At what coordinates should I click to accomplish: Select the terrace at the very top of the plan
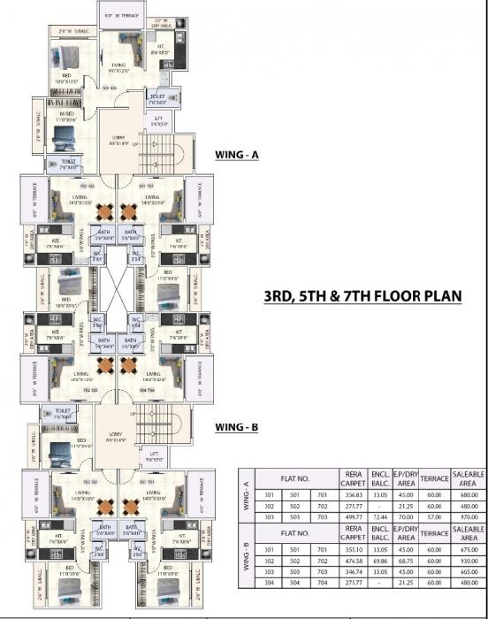[119, 16]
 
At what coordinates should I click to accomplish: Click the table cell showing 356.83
[353, 493]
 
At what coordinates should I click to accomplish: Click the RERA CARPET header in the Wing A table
[353, 478]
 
